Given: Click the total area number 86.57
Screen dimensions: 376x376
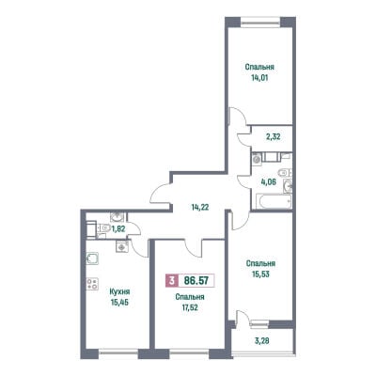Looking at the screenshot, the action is (x=196, y=280).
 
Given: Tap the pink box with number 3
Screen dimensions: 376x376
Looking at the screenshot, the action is (x=171, y=280).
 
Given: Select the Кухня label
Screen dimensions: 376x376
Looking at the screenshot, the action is (x=119, y=291).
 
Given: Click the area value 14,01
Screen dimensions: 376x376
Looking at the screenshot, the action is (x=259, y=78).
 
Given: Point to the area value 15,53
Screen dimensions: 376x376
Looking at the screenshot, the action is (x=260, y=274).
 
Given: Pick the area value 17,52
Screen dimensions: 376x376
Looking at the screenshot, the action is (x=190, y=307).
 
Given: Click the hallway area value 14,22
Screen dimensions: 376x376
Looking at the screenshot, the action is (x=200, y=207).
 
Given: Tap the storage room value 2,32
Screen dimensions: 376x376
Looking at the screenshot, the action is (x=274, y=137).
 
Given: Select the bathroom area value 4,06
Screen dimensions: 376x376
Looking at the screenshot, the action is (x=269, y=181).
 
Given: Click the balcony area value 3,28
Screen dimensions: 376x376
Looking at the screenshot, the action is (x=262, y=340).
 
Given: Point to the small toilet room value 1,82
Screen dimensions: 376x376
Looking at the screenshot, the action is (x=118, y=228).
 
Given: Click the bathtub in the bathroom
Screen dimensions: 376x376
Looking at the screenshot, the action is (x=274, y=201).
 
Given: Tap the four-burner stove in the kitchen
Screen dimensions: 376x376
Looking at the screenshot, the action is (x=92, y=284).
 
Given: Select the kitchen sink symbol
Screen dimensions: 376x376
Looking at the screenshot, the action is (x=92, y=258).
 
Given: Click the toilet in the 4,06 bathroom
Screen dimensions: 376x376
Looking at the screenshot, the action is (x=285, y=172).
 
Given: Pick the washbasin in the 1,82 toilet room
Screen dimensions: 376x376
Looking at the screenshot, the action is (x=117, y=216).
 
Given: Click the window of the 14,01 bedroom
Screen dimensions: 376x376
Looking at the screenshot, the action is (x=260, y=22).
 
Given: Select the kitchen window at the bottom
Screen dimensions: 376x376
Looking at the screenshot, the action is (x=118, y=353).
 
